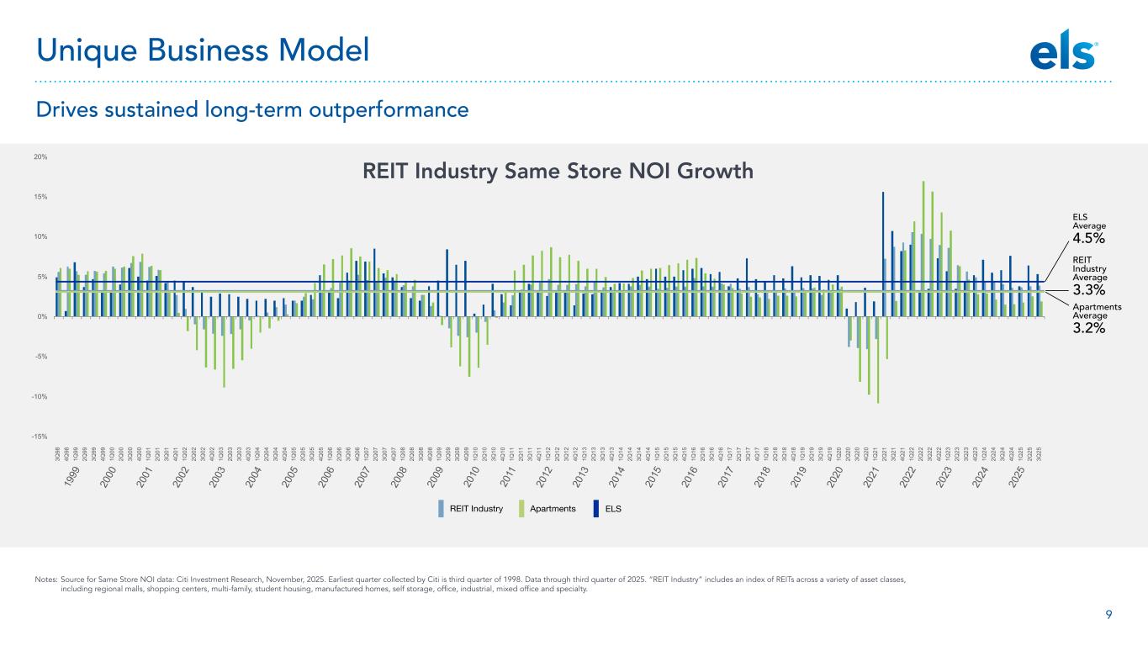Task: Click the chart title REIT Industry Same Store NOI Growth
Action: coord(557,172)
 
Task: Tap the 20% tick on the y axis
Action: coord(41,157)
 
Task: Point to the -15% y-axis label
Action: coord(40,437)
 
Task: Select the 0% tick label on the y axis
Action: coord(42,317)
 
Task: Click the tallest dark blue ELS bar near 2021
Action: coord(883,252)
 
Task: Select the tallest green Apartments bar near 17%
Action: coord(923,244)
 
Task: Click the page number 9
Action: coord(1109,615)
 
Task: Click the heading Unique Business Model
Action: coord(203,51)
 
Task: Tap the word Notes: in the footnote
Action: coord(45,580)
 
